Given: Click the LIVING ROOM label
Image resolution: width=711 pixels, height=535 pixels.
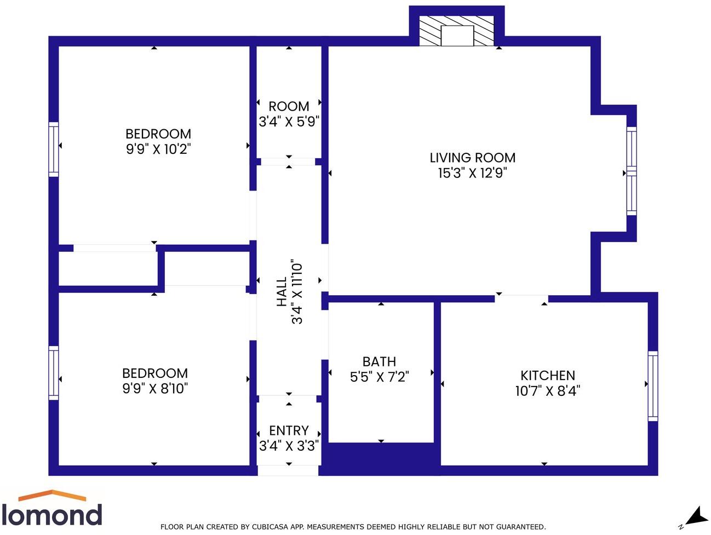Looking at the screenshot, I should (x=472, y=158).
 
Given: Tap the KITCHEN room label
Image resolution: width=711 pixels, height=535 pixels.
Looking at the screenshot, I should (x=548, y=376).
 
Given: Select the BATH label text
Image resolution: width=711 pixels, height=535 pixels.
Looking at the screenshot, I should (x=379, y=362).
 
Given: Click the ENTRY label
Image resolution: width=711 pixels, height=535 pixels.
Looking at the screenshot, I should (x=289, y=431).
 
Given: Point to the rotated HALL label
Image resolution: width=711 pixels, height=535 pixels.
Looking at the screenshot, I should (x=282, y=291).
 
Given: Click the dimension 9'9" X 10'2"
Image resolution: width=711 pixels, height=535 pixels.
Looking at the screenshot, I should (x=158, y=149).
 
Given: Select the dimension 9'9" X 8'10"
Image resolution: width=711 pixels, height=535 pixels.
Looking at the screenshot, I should (x=155, y=388).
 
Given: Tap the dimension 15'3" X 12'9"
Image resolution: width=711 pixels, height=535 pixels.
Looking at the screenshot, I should (x=472, y=173).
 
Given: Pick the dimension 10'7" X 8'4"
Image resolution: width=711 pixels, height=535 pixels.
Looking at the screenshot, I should (x=548, y=390).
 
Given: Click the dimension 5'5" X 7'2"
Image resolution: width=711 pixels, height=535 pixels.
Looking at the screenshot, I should (x=379, y=377).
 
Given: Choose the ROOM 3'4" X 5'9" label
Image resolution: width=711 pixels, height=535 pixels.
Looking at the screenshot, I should (x=289, y=114).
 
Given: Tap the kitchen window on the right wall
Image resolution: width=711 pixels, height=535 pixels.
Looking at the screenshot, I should (x=652, y=386).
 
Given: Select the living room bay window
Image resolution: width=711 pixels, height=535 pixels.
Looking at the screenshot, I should (x=632, y=171).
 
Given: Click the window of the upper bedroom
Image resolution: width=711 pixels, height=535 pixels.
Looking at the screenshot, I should (x=54, y=149).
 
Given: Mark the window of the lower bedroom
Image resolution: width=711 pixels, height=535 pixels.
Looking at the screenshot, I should (x=54, y=372).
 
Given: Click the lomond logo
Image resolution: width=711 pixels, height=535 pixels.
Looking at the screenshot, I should (x=52, y=509).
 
